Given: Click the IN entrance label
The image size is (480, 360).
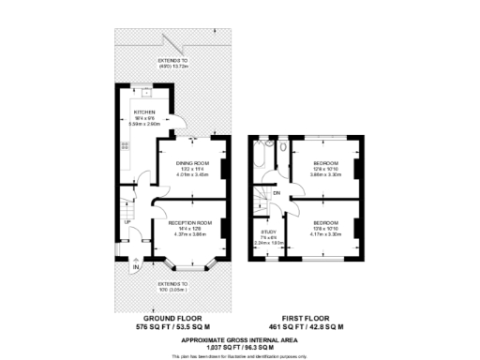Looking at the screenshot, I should click(x=136, y=268).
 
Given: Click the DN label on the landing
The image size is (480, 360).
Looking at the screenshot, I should click(x=277, y=194).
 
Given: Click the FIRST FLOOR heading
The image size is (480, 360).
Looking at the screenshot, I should click(x=314, y=318).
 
